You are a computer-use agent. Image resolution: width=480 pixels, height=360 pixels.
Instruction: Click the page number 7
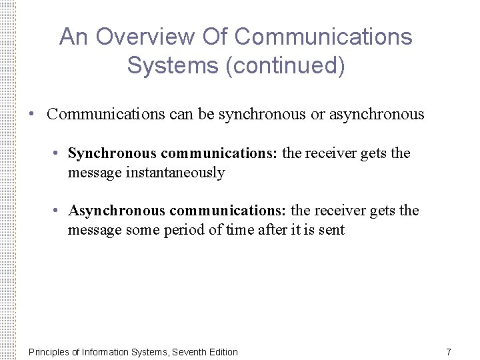[449, 351]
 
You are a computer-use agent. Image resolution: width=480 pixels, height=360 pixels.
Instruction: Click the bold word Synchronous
[113, 153]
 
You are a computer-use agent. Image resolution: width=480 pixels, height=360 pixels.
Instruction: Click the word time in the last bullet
[239, 231]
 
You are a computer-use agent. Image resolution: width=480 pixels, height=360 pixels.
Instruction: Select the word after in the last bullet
[273, 231]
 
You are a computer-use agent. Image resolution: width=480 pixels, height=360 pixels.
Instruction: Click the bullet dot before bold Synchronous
[59, 153]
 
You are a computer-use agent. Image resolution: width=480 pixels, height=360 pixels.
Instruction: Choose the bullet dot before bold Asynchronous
[59, 211]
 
